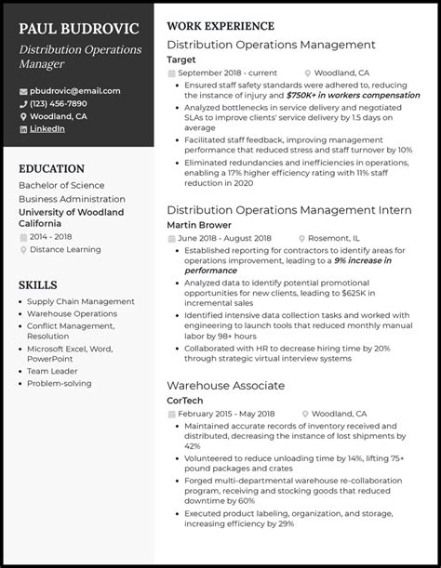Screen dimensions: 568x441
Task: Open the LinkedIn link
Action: pyautogui.click(x=47, y=129)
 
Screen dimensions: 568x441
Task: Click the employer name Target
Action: pyautogui.click(x=181, y=59)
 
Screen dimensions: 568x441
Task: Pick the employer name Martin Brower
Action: pyautogui.click(x=199, y=225)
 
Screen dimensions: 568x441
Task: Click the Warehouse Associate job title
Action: pyautogui.click(x=225, y=385)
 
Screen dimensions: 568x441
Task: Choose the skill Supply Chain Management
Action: pyautogui.click(x=81, y=301)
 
